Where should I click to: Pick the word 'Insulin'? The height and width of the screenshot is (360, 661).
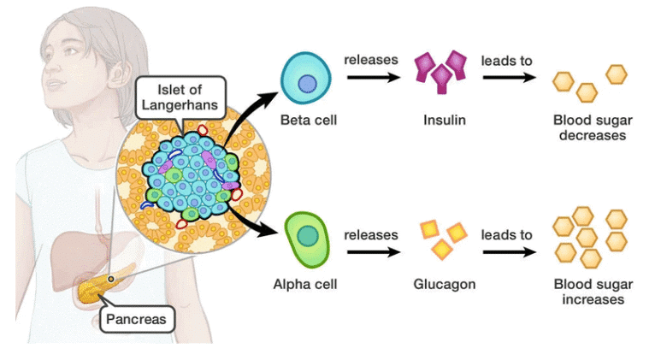pyautogui.click(x=445, y=120)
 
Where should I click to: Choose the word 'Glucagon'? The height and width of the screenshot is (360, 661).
pyautogui.click(x=444, y=284)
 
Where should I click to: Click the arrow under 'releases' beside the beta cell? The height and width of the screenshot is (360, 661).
pyautogui.click(x=372, y=78)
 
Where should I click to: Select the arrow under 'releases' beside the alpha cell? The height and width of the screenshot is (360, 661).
pyautogui.click(x=372, y=252)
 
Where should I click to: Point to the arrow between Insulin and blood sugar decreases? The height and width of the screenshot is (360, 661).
pyautogui.click(x=509, y=78)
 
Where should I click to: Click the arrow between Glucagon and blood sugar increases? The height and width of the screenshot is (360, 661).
pyautogui.click(x=509, y=252)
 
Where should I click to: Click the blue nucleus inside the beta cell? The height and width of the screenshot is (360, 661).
pyautogui.click(x=308, y=83)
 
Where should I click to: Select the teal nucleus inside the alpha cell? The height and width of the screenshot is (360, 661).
pyautogui.click(x=308, y=234)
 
